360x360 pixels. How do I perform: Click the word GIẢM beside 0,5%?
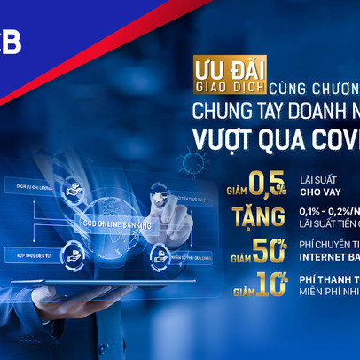click(x=234, y=189)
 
